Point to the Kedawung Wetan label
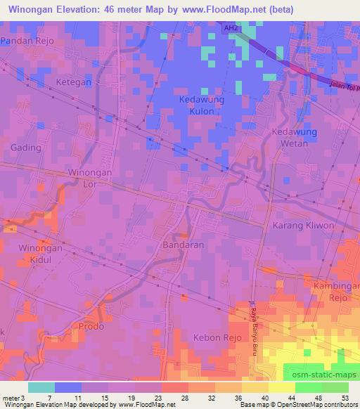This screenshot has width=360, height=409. [295, 138]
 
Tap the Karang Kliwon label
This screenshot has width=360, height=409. [300, 226]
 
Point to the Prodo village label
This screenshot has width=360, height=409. [92, 327]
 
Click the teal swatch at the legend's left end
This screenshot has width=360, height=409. [41, 387]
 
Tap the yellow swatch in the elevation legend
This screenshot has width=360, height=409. [281, 387]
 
